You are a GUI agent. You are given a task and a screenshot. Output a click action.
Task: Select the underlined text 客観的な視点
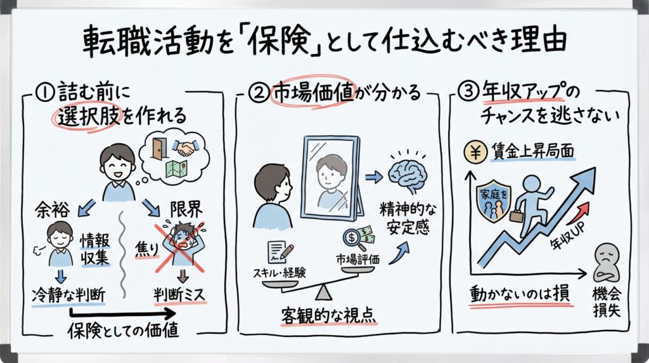point(329,315)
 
